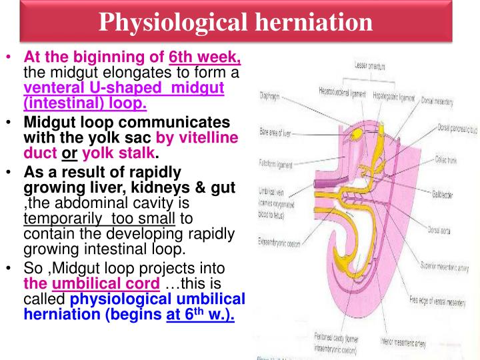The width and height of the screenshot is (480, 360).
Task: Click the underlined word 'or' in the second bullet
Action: [69, 152]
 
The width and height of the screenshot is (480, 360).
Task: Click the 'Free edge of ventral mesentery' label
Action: [443, 300]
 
